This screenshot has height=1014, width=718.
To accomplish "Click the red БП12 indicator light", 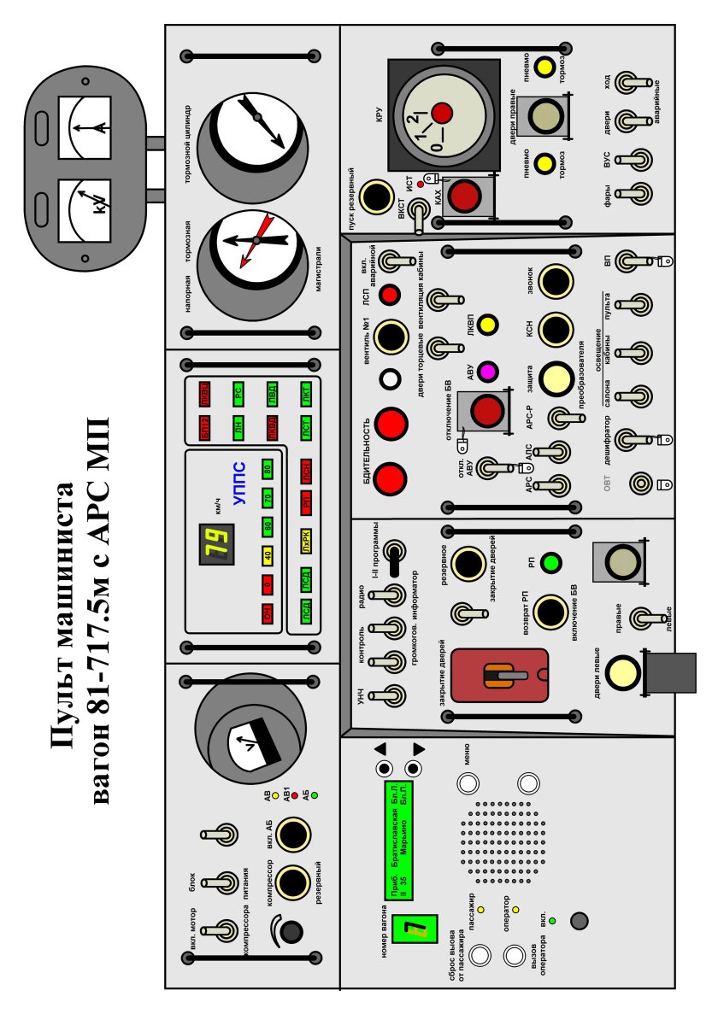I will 204,425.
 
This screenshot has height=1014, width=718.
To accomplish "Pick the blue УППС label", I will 239,484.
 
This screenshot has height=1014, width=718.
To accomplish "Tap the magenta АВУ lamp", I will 488,372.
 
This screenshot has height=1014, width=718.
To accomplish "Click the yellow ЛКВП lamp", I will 488,325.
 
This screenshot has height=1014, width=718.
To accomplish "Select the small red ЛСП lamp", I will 390,296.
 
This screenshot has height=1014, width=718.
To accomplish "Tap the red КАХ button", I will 466,196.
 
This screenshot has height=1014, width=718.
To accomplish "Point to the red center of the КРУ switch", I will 441,112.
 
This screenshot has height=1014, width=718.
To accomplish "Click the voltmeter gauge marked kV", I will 85,206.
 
